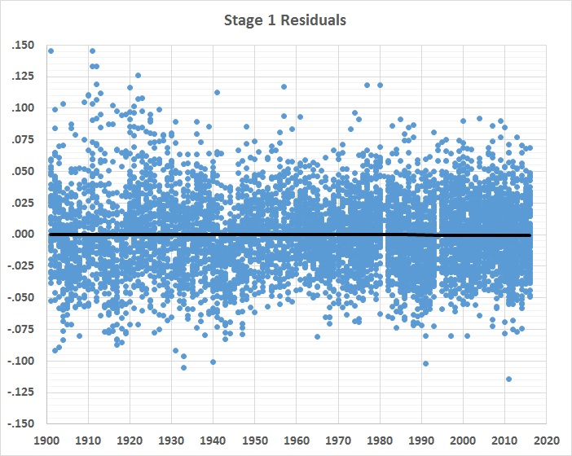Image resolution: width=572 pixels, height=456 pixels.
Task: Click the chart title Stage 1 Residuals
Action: pyautogui.click(x=285, y=20)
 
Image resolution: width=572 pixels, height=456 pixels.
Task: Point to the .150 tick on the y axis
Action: pyautogui.click(x=23, y=45)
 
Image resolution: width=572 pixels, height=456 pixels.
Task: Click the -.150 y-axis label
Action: pyautogui.click(x=21, y=424)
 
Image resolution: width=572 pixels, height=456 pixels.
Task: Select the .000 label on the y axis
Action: pyautogui.click(x=23, y=235)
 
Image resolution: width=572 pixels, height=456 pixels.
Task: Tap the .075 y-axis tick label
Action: pyautogui.click(x=23, y=140)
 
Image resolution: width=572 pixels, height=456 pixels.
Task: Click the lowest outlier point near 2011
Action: pyautogui.click(x=508, y=379)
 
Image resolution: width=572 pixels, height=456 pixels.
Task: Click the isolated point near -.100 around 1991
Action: pyautogui.click(x=425, y=363)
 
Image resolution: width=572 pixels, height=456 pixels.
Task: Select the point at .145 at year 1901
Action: pyautogui.click(x=51, y=50)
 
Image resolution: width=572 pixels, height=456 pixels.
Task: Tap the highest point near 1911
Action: pyautogui.click(x=92, y=50)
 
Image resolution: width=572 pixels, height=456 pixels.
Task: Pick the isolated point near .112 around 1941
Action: pyautogui.click(x=217, y=92)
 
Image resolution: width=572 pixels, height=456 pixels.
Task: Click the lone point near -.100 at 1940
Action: pyautogui.click(x=213, y=362)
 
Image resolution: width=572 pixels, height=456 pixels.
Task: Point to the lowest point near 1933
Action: pyautogui.click(x=183, y=367)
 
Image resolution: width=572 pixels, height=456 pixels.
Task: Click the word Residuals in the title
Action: pyautogui.click(x=314, y=20)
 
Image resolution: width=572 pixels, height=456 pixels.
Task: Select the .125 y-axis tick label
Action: pyautogui.click(x=23, y=77)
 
